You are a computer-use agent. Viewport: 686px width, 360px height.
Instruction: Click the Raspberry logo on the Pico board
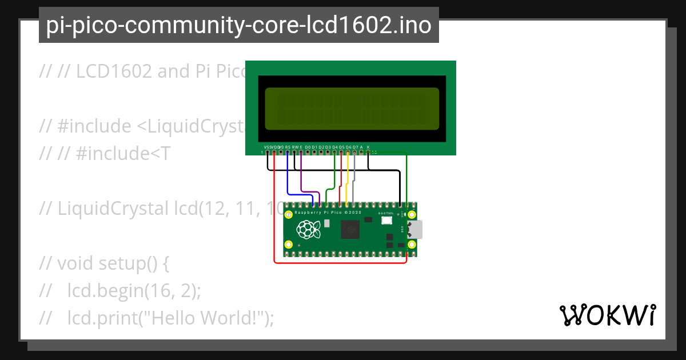(308, 230)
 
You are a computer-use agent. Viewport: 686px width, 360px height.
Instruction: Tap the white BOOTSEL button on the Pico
(387, 221)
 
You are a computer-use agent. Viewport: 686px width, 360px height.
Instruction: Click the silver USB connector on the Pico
(416, 229)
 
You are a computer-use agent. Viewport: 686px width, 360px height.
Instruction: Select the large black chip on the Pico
(349, 230)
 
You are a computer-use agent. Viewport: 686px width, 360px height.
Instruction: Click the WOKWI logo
(607, 315)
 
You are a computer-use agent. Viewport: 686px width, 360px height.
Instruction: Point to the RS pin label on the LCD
(288, 147)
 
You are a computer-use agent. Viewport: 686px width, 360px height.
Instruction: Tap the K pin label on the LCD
(368, 147)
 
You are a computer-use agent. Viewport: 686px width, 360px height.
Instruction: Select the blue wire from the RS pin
(288, 183)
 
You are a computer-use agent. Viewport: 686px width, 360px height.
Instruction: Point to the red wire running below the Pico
(343, 263)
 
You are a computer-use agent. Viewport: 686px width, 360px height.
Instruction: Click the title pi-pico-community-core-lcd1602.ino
(238, 25)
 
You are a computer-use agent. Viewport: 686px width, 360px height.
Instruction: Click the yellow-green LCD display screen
(351, 109)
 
